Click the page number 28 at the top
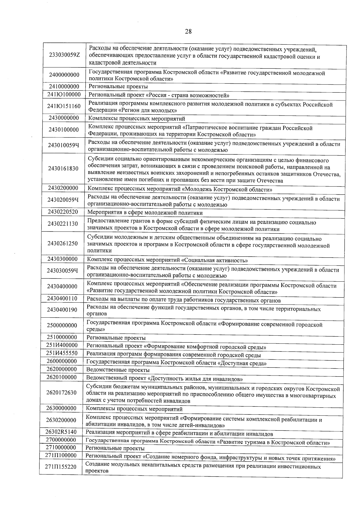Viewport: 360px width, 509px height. (188, 32)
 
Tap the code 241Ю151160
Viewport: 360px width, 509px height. (64, 106)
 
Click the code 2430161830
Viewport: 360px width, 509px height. (63, 169)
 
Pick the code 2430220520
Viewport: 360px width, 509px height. (63, 212)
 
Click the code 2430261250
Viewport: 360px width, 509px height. (62, 243)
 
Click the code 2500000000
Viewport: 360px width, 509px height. (62, 325)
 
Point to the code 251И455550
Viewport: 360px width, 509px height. (62, 353)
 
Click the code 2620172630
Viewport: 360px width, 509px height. (61, 393)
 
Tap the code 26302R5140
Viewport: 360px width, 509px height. (61, 432)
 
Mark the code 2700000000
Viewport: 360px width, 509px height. (61, 440)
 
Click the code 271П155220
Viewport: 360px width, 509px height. (61, 467)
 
